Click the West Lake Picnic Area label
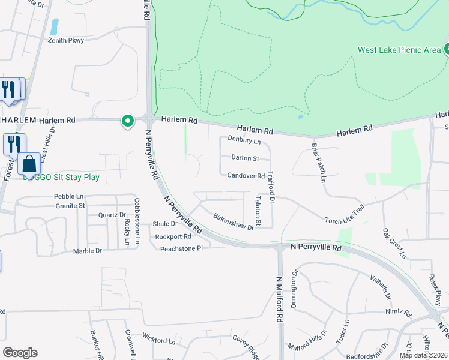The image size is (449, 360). (x=399, y=50)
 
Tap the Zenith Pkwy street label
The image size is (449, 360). (x=68, y=40)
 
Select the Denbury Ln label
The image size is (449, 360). (x=244, y=141)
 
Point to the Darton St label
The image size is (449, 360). (x=245, y=158)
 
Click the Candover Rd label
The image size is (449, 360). (x=246, y=176)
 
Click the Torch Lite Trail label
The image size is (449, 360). (x=345, y=215)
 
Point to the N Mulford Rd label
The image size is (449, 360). (x=280, y=300)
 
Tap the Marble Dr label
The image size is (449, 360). (x=88, y=251)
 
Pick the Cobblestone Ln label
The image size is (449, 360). (x=137, y=221)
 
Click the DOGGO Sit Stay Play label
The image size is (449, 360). (x=61, y=178)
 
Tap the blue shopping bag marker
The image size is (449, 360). (x=29, y=163)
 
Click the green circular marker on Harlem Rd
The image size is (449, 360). (x=127, y=121)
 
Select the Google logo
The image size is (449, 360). (x=20, y=353)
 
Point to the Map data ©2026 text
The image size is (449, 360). (x=423, y=355)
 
